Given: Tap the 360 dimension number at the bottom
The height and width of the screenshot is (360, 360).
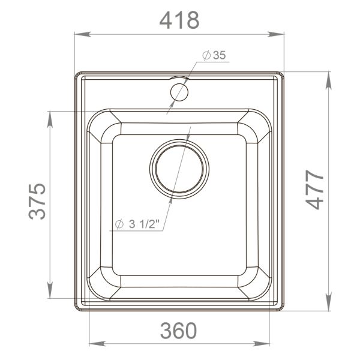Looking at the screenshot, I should (179, 329).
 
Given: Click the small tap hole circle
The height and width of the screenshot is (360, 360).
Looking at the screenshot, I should (179, 91).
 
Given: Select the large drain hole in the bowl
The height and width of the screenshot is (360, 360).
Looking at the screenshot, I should (180, 169).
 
